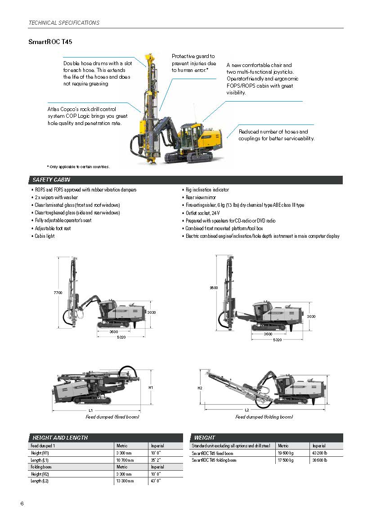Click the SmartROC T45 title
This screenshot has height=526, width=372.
point(50,42)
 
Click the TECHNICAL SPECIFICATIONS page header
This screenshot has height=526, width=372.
point(64,22)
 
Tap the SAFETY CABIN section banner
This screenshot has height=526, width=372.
point(51,180)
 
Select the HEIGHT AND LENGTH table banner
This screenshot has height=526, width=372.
point(60,437)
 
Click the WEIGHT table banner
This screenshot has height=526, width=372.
point(205,437)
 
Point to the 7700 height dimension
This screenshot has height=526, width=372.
point(58,293)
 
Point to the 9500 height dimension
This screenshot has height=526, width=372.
point(214,287)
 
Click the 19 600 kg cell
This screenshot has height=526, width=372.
point(286,453)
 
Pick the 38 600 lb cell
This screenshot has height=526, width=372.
point(320,460)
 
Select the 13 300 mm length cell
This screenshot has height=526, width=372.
point(125,481)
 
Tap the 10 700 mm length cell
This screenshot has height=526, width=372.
point(125,460)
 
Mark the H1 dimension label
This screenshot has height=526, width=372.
point(151,387)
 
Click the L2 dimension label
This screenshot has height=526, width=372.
point(247,410)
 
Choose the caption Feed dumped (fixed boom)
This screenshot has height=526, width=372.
point(112,417)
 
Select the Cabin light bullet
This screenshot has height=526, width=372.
point(45,236)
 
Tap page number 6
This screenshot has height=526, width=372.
point(22,503)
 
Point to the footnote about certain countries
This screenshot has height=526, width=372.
point(78,167)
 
